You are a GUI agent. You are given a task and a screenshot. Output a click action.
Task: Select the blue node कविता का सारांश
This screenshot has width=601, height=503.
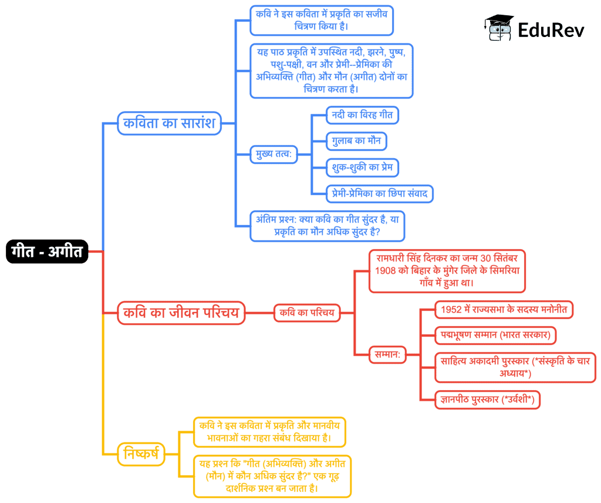169,124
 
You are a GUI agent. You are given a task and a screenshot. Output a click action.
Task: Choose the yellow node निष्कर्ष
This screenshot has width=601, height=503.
141,454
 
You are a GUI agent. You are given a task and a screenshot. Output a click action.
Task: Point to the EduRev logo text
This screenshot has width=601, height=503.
551,30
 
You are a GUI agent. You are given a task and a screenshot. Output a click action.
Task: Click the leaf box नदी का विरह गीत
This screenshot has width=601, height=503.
362,115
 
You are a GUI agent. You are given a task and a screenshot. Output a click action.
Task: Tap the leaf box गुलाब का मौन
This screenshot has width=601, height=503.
357,142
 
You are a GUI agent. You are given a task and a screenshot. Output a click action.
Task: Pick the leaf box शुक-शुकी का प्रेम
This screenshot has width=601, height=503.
362,168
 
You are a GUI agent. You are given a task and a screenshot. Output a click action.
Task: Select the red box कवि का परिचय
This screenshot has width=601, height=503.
307,313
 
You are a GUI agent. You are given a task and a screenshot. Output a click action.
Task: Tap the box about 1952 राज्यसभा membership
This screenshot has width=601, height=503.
504,309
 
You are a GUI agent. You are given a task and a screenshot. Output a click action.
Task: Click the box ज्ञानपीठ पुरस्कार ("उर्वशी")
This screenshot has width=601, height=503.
487,400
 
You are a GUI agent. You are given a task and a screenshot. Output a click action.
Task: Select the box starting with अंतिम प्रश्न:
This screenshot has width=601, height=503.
327,226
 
